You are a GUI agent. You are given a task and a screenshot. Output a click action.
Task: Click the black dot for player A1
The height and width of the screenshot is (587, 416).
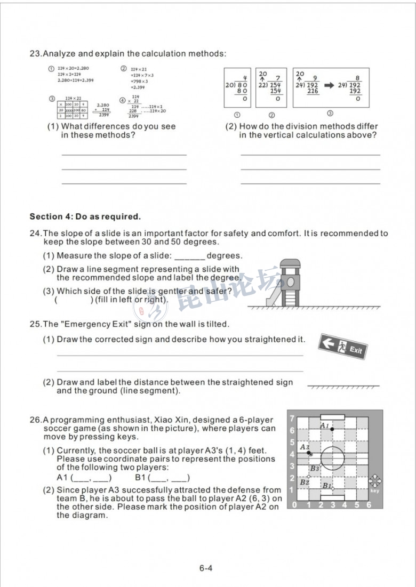[332, 429]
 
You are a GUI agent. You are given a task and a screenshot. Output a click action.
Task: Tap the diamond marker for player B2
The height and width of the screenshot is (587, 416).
[308, 476]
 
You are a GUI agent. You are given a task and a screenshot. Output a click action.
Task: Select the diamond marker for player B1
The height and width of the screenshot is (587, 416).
[332, 488]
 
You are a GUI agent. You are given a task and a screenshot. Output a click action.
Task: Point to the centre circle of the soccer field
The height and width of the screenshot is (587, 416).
[333, 459]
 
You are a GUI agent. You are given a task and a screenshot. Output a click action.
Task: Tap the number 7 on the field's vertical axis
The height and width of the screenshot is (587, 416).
[292, 419]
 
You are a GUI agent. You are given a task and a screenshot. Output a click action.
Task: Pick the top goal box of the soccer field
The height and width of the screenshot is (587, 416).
[332, 417]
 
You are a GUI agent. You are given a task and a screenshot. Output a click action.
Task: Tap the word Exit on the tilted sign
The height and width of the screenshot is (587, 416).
[356, 350]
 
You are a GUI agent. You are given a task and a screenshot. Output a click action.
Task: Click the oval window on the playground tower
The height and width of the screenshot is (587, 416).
[291, 280]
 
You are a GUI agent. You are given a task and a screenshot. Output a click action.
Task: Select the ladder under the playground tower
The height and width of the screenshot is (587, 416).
[291, 298]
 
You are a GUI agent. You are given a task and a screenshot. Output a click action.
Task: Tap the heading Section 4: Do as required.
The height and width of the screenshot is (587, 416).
[85, 216]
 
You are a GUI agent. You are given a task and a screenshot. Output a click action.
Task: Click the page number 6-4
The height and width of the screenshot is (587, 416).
[206, 568]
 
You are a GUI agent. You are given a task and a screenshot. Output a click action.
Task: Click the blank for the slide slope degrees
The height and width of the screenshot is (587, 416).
[189, 256]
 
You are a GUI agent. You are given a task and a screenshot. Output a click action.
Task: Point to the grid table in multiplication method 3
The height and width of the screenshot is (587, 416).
[72, 110]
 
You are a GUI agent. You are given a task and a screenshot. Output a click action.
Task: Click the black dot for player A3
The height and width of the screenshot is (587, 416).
[309, 453]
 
